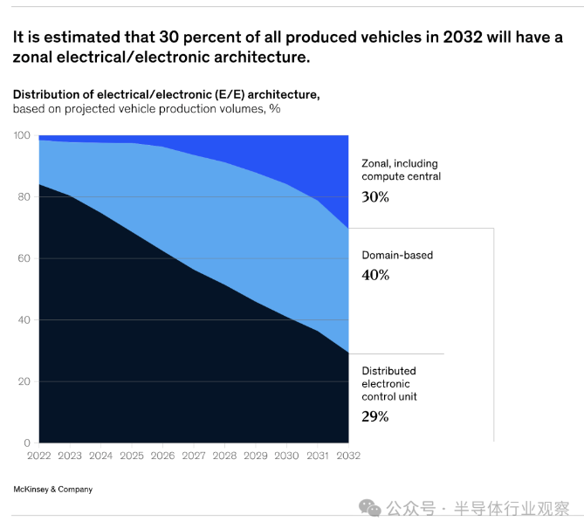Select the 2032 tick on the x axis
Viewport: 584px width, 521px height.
click(x=349, y=456)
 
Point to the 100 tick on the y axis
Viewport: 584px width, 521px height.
click(x=22, y=135)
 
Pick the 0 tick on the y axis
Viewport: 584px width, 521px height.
click(x=27, y=442)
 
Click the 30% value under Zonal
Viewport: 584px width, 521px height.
click(x=374, y=197)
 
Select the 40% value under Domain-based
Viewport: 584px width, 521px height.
click(x=375, y=275)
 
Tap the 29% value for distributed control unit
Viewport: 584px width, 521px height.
click(x=374, y=416)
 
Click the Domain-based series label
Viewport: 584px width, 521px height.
click(x=397, y=256)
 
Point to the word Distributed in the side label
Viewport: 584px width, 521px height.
click(x=388, y=371)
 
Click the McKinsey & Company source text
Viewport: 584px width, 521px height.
click(x=52, y=490)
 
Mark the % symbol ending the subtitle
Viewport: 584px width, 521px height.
click(x=275, y=109)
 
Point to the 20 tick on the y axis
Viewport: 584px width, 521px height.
click(x=24, y=381)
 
